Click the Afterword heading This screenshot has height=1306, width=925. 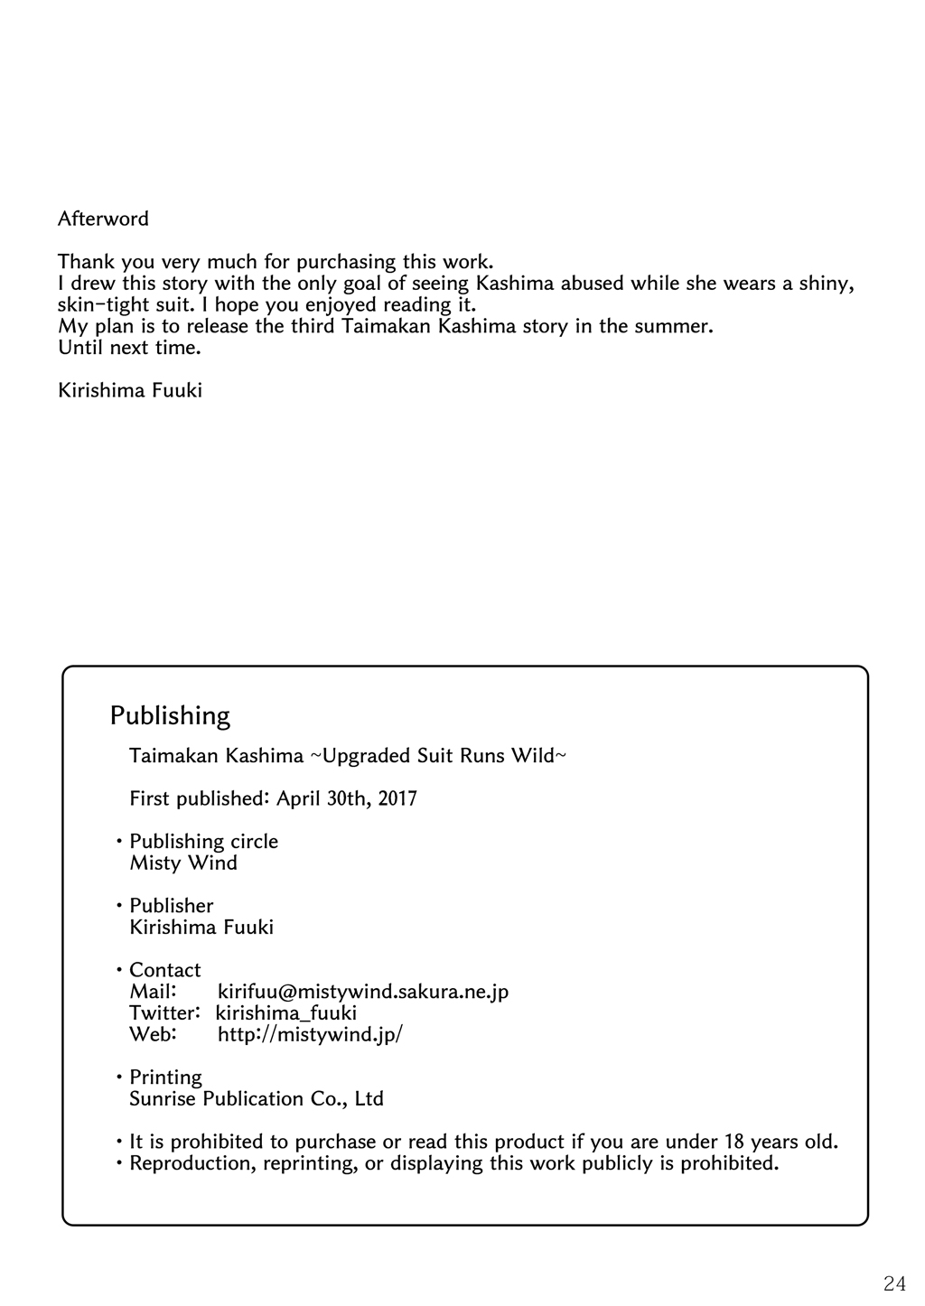(103, 219)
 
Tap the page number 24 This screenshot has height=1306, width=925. (894, 1283)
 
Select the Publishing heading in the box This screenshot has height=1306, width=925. (170, 716)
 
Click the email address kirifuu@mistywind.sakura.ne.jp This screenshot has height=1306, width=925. (363, 992)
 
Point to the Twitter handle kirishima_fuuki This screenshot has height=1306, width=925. (286, 1013)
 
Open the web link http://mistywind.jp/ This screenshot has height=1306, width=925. (310, 1035)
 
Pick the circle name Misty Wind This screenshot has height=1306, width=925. (183, 863)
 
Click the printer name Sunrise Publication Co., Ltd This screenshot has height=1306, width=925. (257, 1099)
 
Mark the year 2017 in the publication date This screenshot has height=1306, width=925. (397, 798)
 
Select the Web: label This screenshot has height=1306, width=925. (152, 1035)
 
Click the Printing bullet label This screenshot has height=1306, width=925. (165, 1077)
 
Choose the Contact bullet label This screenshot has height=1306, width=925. (164, 970)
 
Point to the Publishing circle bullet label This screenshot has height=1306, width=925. (203, 842)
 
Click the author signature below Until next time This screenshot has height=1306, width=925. (130, 390)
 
